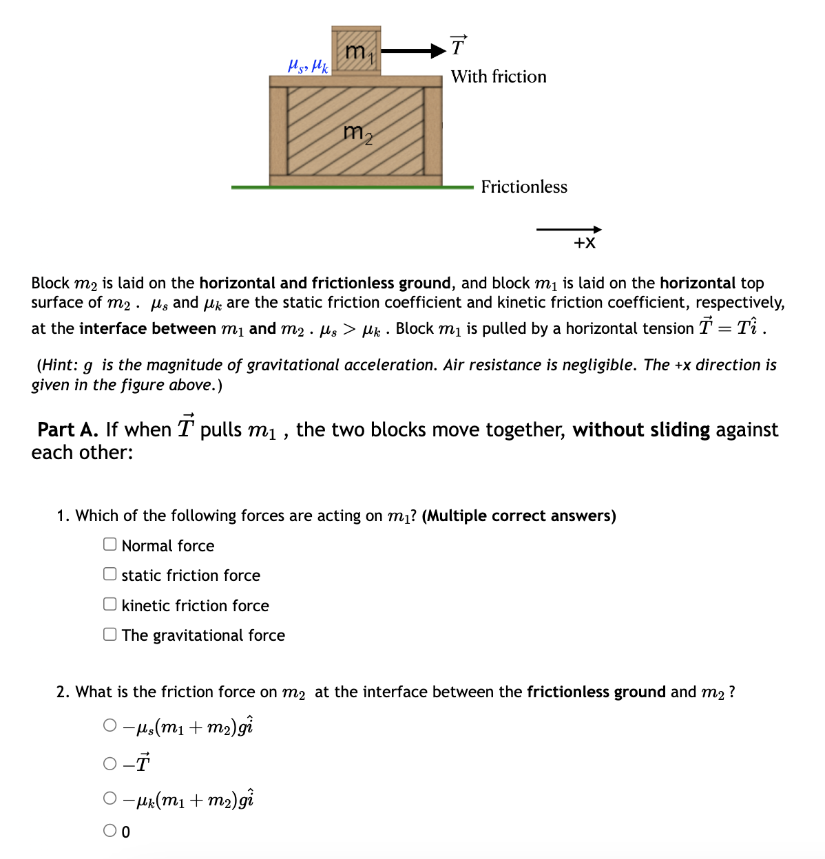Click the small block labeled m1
[x=355, y=51]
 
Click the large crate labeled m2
[x=355, y=131]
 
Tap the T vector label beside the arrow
[x=458, y=46]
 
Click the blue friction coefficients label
[x=308, y=65]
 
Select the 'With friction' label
[x=499, y=76]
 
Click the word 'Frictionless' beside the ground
[x=524, y=187]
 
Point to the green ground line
[x=352, y=187]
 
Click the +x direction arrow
[x=568, y=229]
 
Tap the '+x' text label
[x=585, y=242]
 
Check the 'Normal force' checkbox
[x=110, y=544]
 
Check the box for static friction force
[x=110, y=574]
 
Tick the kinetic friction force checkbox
[x=110, y=604]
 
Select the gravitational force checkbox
[x=110, y=634]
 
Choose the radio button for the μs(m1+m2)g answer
[x=110, y=725]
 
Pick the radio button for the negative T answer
[x=110, y=763]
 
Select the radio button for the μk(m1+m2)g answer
[x=110, y=798]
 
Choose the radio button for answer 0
[x=110, y=831]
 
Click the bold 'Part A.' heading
[x=68, y=429]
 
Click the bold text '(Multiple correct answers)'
[x=519, y=516]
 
